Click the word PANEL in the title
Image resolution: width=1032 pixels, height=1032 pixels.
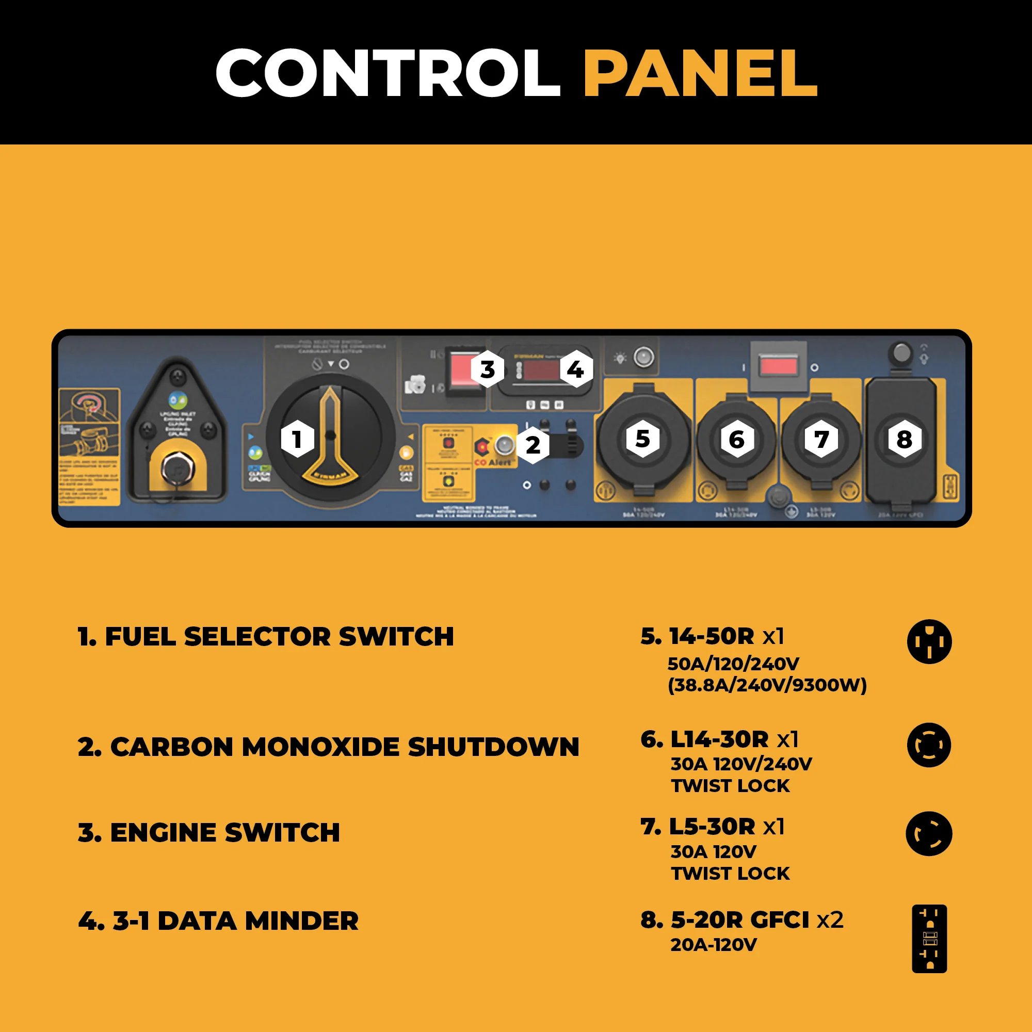[700, 73]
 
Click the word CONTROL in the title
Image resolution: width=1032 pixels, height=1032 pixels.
[388, 73]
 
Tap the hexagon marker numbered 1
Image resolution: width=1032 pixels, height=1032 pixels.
[297, 439]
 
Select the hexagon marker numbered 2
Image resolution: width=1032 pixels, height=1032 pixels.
[533, 445]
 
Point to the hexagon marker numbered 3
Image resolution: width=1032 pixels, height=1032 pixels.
[487, 369]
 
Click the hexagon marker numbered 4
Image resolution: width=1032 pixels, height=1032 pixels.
[575, 369]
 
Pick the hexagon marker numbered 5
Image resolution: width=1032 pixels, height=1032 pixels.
[642, 439]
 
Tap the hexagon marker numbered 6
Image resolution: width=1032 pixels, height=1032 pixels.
[737, 440]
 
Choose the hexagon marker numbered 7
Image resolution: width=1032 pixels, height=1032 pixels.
[821, 440]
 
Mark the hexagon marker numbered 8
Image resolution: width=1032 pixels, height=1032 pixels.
[904, 440]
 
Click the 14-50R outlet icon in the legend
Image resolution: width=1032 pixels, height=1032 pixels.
[929, 641]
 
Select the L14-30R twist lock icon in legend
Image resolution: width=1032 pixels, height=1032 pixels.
[929, 745]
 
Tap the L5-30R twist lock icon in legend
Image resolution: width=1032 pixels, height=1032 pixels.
[929, 834]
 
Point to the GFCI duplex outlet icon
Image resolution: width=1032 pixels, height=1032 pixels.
[929, 939]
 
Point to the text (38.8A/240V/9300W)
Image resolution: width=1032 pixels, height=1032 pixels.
[767, 685]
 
